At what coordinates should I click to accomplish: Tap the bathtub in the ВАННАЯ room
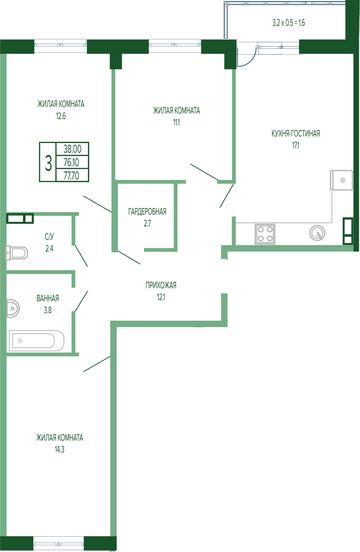[37, 341]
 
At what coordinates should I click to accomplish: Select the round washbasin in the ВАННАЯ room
[13, 308]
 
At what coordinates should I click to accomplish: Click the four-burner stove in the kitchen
[265, 234]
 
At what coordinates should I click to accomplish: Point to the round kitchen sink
[317, 233]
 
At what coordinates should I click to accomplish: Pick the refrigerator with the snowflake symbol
[341, 180]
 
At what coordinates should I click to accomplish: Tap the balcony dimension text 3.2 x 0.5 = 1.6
[288, 23]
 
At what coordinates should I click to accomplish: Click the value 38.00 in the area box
[72, 149]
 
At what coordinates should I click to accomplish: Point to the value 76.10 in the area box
[71, 162]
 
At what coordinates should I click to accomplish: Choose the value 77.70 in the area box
[71, 176]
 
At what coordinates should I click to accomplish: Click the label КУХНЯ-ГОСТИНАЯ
[296, 134]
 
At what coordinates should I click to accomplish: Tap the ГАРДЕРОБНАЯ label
[147, 212]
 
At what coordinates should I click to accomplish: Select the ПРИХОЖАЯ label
[161, 285]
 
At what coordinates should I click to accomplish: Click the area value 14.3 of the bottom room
[59, 449]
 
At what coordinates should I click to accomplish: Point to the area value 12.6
[61, 116]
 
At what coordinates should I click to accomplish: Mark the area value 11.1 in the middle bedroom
[176, 123]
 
